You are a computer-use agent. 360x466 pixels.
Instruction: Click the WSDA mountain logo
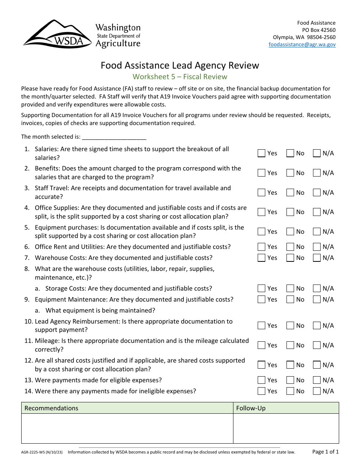coord(57,34)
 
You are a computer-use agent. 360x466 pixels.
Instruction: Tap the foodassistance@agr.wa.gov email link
coord(302,44)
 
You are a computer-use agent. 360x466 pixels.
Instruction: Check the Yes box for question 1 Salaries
coord(261,153)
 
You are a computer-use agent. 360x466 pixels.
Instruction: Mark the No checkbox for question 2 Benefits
coord(290,173)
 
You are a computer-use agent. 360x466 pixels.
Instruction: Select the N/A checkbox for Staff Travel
coord(317,193)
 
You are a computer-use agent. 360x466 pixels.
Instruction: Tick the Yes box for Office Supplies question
coord(261,212)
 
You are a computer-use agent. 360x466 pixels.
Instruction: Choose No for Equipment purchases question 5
coord(290,232)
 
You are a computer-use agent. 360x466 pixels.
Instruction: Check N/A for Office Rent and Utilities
coord(317,247)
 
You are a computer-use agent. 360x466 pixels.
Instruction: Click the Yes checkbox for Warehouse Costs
coord(261,258)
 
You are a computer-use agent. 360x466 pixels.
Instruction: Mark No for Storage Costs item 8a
coord(290,289)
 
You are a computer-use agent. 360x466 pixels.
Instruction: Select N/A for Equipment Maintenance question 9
coord(317,300)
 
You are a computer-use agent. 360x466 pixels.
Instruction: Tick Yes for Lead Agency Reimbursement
coord(261,326)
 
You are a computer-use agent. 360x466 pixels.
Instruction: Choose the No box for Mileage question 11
coord(290,346)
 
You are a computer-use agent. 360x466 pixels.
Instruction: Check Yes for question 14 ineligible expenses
coord(261,391)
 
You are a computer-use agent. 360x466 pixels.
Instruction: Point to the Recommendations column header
coord(52,408)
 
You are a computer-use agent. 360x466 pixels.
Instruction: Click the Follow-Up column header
coord(251,408)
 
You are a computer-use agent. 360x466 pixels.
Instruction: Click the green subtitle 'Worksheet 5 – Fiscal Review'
coord(180,77)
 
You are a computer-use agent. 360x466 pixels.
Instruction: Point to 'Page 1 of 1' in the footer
coord(325,452)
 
